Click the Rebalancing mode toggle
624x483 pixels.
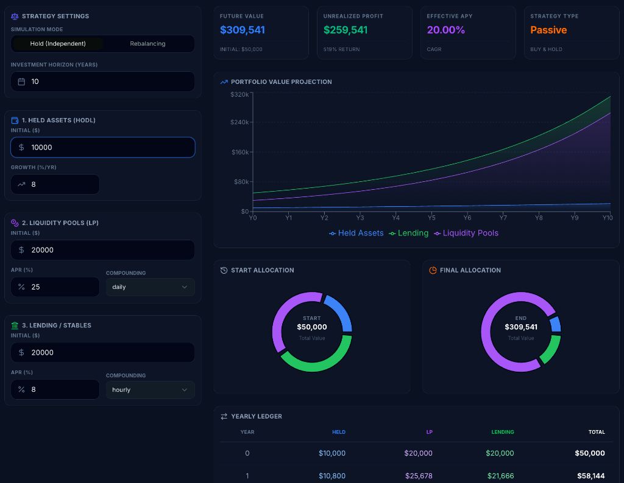point(147,44)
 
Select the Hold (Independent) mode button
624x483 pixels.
point(58,44)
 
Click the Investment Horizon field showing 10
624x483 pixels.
point(102,82)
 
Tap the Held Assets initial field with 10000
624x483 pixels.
point(102,147)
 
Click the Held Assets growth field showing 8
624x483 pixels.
point(55,184)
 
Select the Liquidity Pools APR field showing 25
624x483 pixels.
point(55,287)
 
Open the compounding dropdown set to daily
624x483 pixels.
point(150,287)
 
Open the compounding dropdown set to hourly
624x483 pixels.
point(150,389)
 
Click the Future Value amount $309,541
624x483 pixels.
point(243,30)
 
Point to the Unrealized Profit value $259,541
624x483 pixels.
point(346,30)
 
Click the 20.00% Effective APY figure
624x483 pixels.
point(445,30)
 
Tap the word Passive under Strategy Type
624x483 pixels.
point(548,30)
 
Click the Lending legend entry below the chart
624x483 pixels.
point(409,233)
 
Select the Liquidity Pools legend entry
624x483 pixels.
point(466,233)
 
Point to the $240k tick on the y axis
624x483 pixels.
point(239,122)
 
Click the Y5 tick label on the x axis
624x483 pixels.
point(431,218)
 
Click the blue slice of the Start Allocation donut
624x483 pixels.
point(337,311)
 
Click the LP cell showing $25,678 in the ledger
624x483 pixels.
point(418,476)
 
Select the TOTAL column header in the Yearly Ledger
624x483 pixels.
point(597,432)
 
